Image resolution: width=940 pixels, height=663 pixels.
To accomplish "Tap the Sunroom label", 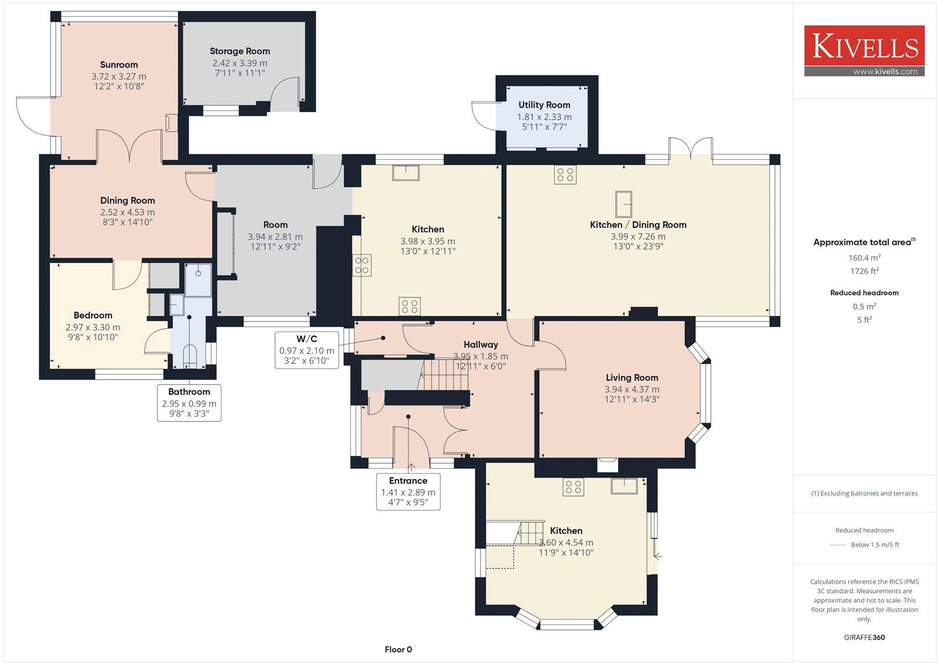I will pyautogui.click(x=119, y=65).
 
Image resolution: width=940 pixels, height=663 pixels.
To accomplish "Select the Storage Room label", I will pyautogui.click(x=240, y=51).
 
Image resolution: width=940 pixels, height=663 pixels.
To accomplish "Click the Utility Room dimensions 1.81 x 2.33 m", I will pyautogui.click(x=544, y=116).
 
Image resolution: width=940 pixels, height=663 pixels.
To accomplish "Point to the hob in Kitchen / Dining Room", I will pyautogui.click(x=565, y=175).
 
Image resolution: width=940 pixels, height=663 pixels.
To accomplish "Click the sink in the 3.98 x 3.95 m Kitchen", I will pyautogui.click(x=406, y=172).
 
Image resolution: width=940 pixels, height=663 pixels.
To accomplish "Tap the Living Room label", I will pyautogui.click(x=632, y=377).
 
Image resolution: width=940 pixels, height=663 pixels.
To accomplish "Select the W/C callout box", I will pyautogui.click(x=306, y=350).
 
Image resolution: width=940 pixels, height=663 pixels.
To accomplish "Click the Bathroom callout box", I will pyautogui.click(x=189, y=403).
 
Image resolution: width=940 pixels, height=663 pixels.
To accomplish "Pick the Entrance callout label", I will pyautogui.click(x=408, y=480).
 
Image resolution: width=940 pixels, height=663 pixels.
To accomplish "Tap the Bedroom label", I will pyautogui.click(x=93, y=315).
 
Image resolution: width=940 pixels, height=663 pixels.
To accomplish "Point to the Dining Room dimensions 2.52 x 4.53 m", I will pyautogui.click(x=127, y=212).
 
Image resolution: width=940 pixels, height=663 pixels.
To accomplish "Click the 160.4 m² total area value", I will pyautogui.click(x=864, y=257).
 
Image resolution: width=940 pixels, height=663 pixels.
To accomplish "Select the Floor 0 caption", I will pyautogui.click(x=398, y=649).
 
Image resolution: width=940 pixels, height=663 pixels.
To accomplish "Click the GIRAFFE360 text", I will pyautogui.click(x=864, y=637).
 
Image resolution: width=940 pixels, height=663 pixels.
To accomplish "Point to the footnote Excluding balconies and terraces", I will pyautogui.click(x=864, y=493).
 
